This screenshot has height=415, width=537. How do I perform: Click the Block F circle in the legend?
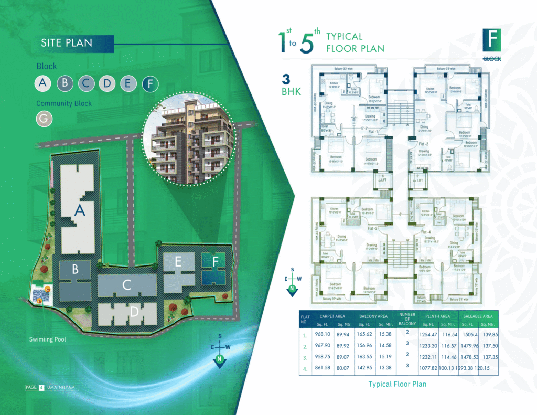click(150, 83)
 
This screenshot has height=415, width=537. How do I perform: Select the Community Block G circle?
click(44, 119)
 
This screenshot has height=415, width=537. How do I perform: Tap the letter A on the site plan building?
click(80, 211)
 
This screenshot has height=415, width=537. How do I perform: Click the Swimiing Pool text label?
click(48, 339)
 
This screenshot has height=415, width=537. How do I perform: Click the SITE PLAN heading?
click(67, 43)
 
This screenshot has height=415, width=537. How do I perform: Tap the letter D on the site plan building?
click(134, 312)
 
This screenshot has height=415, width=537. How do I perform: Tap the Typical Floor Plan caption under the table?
click(397, 384)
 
